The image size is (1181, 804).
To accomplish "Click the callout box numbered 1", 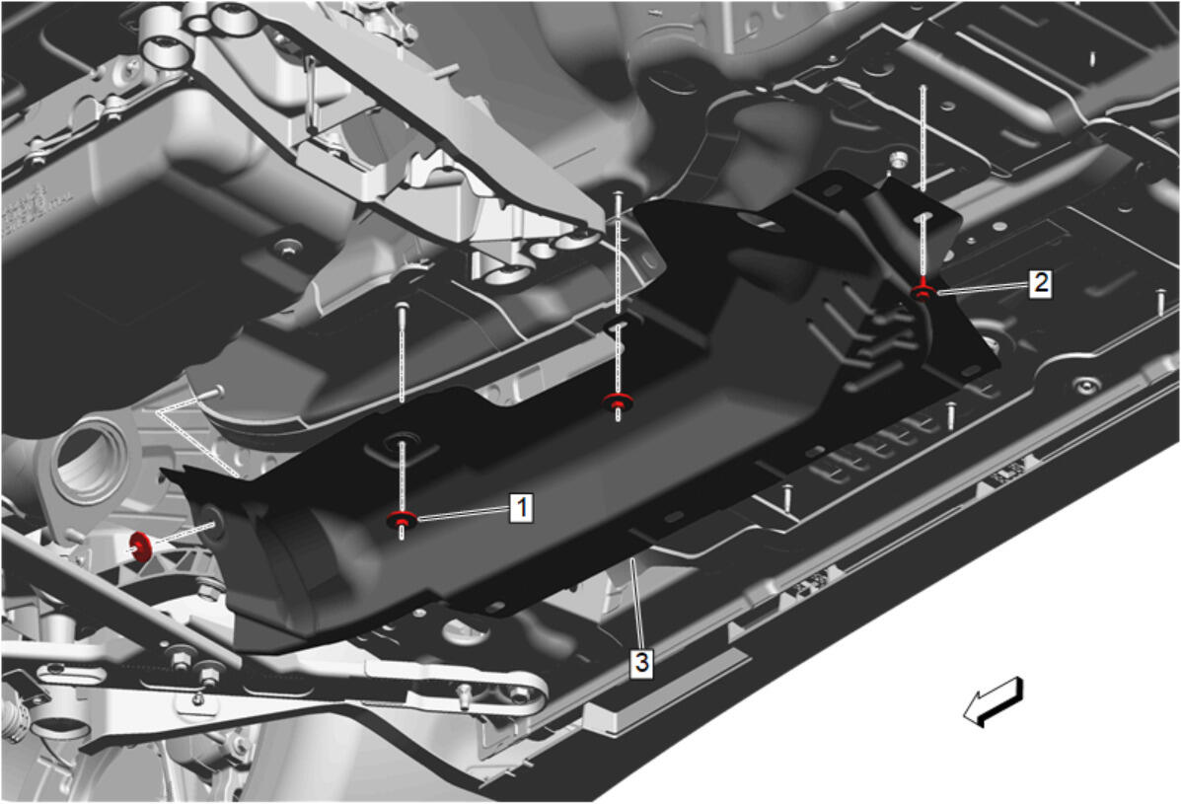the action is pyautogui.click(x=521, y=507).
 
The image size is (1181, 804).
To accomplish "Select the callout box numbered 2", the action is pyautogui.click(x=1040, y=283).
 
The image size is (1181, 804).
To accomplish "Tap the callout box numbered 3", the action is pyautogui.click(x=641, y=663).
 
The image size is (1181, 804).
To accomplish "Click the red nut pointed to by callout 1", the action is pyautogui.click(x=403, y=520).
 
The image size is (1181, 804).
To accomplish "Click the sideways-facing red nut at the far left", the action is pyautogui.click(x=141, y=547).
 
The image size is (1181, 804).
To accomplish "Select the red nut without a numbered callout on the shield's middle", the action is pyautogui.click(x=618, y=402).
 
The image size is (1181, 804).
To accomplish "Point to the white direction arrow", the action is pyautogui.click(x=994, y=701).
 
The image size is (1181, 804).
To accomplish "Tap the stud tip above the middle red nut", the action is pyautogui.click(x=618, y=194).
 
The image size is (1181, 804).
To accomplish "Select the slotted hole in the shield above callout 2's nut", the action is pyautogui.click(x=924, y=219).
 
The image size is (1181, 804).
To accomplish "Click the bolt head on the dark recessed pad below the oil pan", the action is pyautogui.click(x=287, y=248).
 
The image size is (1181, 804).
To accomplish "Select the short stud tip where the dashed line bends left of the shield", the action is pyautogui.click(x=217, y=390).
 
